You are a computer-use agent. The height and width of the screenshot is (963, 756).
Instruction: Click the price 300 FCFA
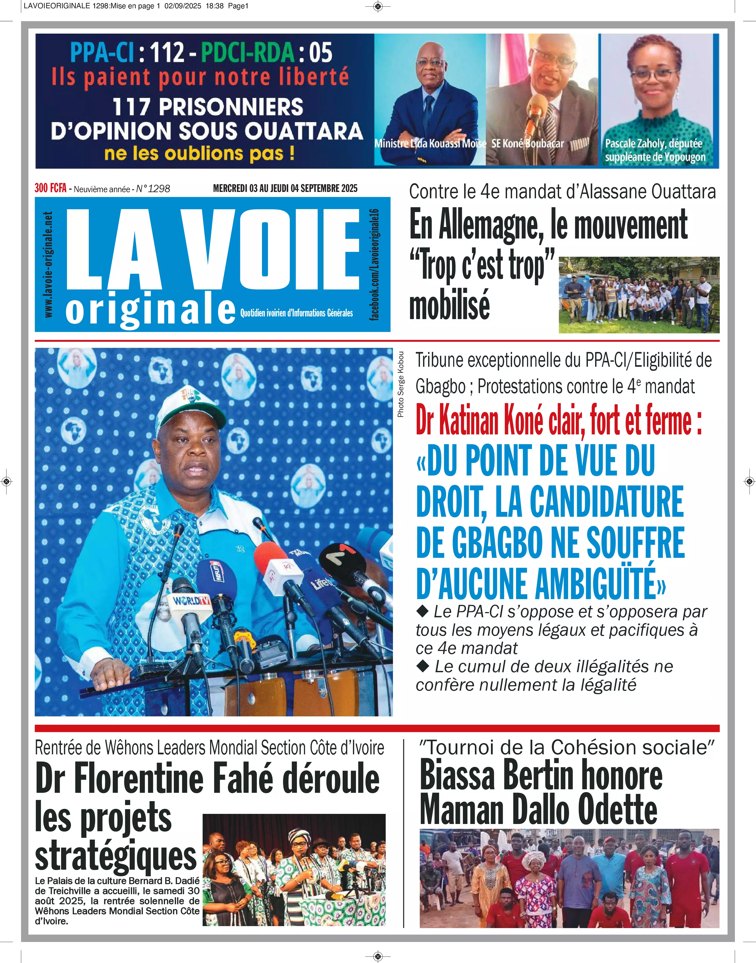(x=51, y=188)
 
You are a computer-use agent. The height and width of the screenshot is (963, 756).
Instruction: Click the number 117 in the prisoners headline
(x=131, y=107)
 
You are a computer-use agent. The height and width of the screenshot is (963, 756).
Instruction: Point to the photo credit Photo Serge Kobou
(x=401, y=384)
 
